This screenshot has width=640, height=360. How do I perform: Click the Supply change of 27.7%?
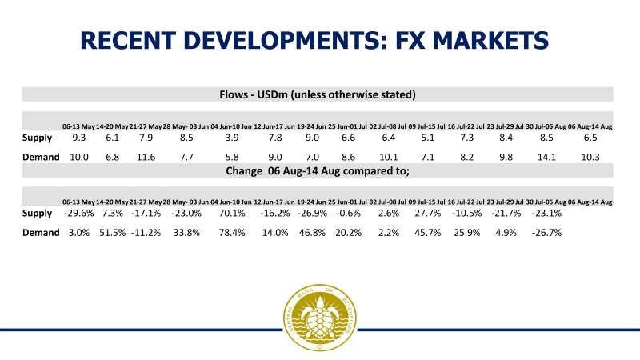431,214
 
